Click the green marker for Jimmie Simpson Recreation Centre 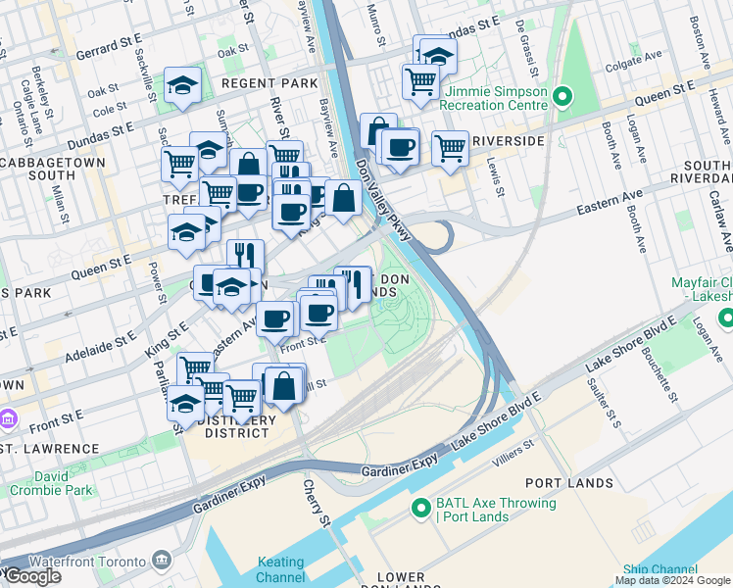pyautogui.click(x=562, y=96)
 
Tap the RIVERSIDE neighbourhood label pyautogui.click(x=508, y=141)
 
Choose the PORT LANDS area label pyautogui.click(x=568, y=483)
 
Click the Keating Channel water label pyautogui.click(x=280, y=569)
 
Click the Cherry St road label pyautogui.click(x=312, y=499)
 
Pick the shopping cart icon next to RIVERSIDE pyautogui.click(x=450, y=148)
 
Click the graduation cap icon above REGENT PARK pyautogui.click(x=182, y=85)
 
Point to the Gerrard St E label pyautogui.click(x=106, y=46)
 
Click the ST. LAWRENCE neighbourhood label pyautogui.click(x=49, y=449)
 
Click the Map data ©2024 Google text pyautogui.click(x=672, y=579)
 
